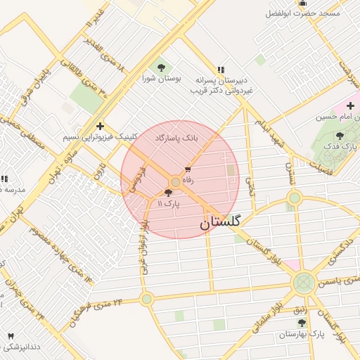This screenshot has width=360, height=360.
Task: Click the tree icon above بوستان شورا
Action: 162,67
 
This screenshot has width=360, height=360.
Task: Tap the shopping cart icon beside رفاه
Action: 188,169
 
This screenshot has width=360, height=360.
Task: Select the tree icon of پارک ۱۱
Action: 168,193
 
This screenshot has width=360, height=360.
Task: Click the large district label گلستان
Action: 219,223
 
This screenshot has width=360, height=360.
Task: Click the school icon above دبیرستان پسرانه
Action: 221,69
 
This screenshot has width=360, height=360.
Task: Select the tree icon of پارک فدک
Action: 340,136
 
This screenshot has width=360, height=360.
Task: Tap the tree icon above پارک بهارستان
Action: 301,323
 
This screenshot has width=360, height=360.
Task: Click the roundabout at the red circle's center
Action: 175,182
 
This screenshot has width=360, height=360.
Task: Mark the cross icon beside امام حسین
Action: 350,105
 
